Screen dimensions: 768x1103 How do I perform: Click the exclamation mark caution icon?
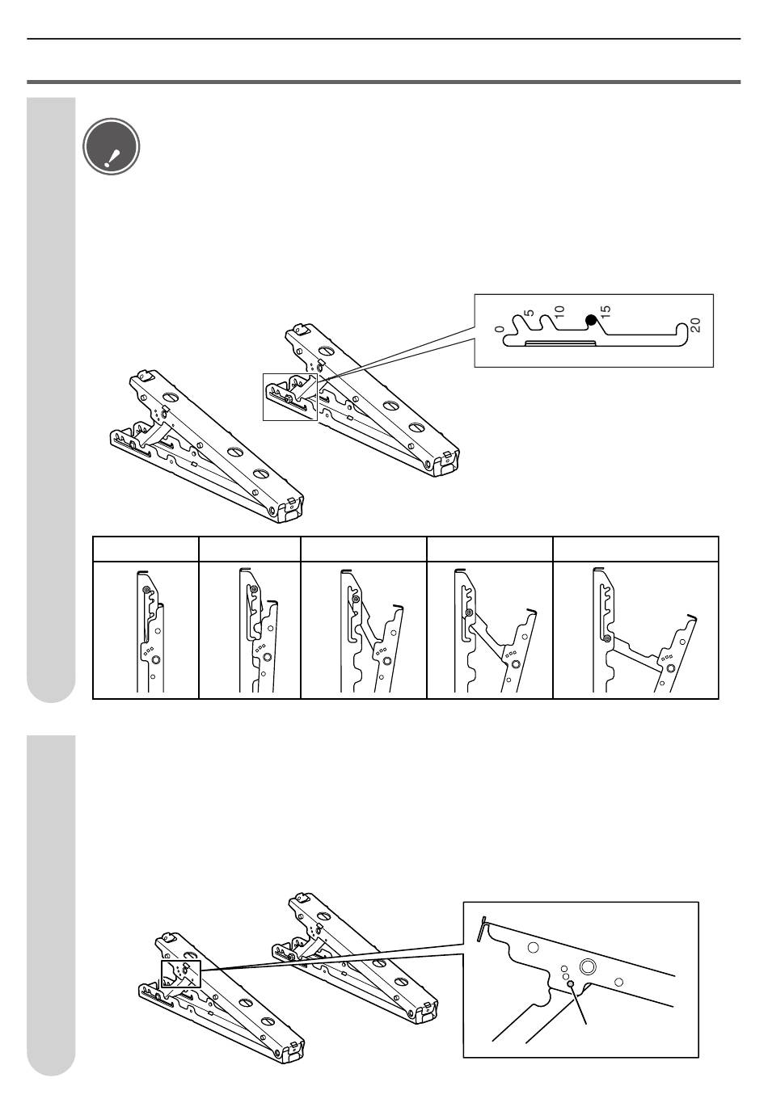pyautogui.click(x=112, y=146)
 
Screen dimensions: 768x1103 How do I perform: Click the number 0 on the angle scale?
pyautogui.click(x=500, y=329)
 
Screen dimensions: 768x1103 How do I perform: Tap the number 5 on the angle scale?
pyautogui.click(x=529, y=314)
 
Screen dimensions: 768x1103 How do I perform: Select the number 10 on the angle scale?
pyautogui.click(x=559, y=311)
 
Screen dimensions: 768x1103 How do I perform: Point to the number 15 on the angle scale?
pyautogui.click(x=606, y=311)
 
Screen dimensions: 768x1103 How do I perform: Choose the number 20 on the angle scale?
pyautogui.click(x=695, y=325)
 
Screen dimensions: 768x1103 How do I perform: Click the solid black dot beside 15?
pyautogui.click(x=591, y=321)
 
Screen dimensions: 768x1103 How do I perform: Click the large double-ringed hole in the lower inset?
pyautogui.click(x=588, y=966)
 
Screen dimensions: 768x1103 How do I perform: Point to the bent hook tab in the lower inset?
pyautogui.click(x=482, y=929)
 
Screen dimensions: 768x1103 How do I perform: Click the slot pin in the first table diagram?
pyautogui.click(x=146, y=590)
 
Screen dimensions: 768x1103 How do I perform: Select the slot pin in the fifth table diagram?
pyautogui.click(x=607, y=638)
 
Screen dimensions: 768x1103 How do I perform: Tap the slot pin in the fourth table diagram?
pyautogui.click(x=469, y=612)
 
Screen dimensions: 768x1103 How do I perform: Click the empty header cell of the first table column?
pyautogui.click(x=146, y=549)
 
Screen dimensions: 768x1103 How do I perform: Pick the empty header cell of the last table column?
pyautogui.click(x=635, y=549)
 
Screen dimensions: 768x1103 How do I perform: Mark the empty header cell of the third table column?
pyautogui.click(x=364, y=549)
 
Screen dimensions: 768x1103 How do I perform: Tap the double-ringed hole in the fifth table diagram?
pyautogui.click(x=670, y=668)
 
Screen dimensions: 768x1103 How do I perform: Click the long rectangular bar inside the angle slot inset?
pyautogui.click(x=560, y=343)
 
